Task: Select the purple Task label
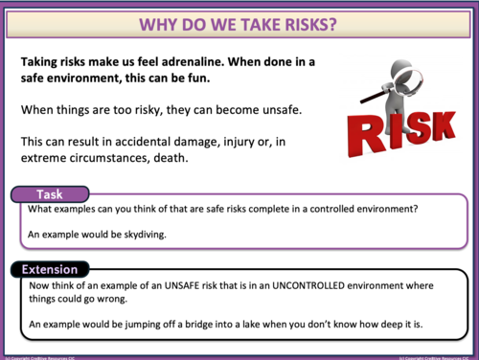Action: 50,194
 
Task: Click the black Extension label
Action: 50,269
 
